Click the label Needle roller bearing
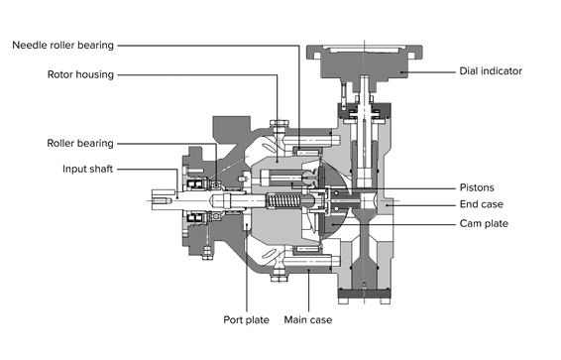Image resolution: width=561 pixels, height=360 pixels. [63, 46]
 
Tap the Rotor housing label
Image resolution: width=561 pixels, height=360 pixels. [80, 74]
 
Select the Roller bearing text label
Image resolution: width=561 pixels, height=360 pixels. [80, 143]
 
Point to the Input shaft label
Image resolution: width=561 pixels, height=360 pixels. [87, 169]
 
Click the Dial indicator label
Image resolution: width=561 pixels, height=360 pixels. [491, 71]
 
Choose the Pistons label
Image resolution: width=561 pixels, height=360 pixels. [477, 187]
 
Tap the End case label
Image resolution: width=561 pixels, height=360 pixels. [482, 204]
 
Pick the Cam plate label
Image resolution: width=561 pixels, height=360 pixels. [484, 224]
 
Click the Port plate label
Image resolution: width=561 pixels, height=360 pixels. [246, 319]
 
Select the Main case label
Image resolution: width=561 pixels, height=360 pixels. [307, 319]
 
